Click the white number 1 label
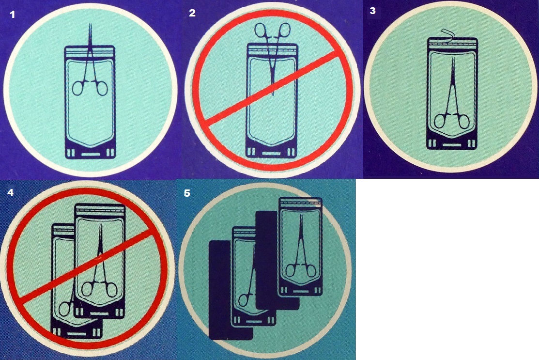point(13,15)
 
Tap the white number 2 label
point(192,13)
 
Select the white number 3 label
point(372,11)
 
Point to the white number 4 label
point(11,192)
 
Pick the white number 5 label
point(186,193)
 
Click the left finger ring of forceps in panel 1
point(78,88)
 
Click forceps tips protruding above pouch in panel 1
point(90,34)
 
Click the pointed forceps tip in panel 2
point(273,90)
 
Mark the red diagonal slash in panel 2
point(271,88)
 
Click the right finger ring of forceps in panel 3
point(462,122)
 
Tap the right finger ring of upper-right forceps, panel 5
point(310,270)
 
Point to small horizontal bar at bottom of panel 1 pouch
point(90,155)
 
